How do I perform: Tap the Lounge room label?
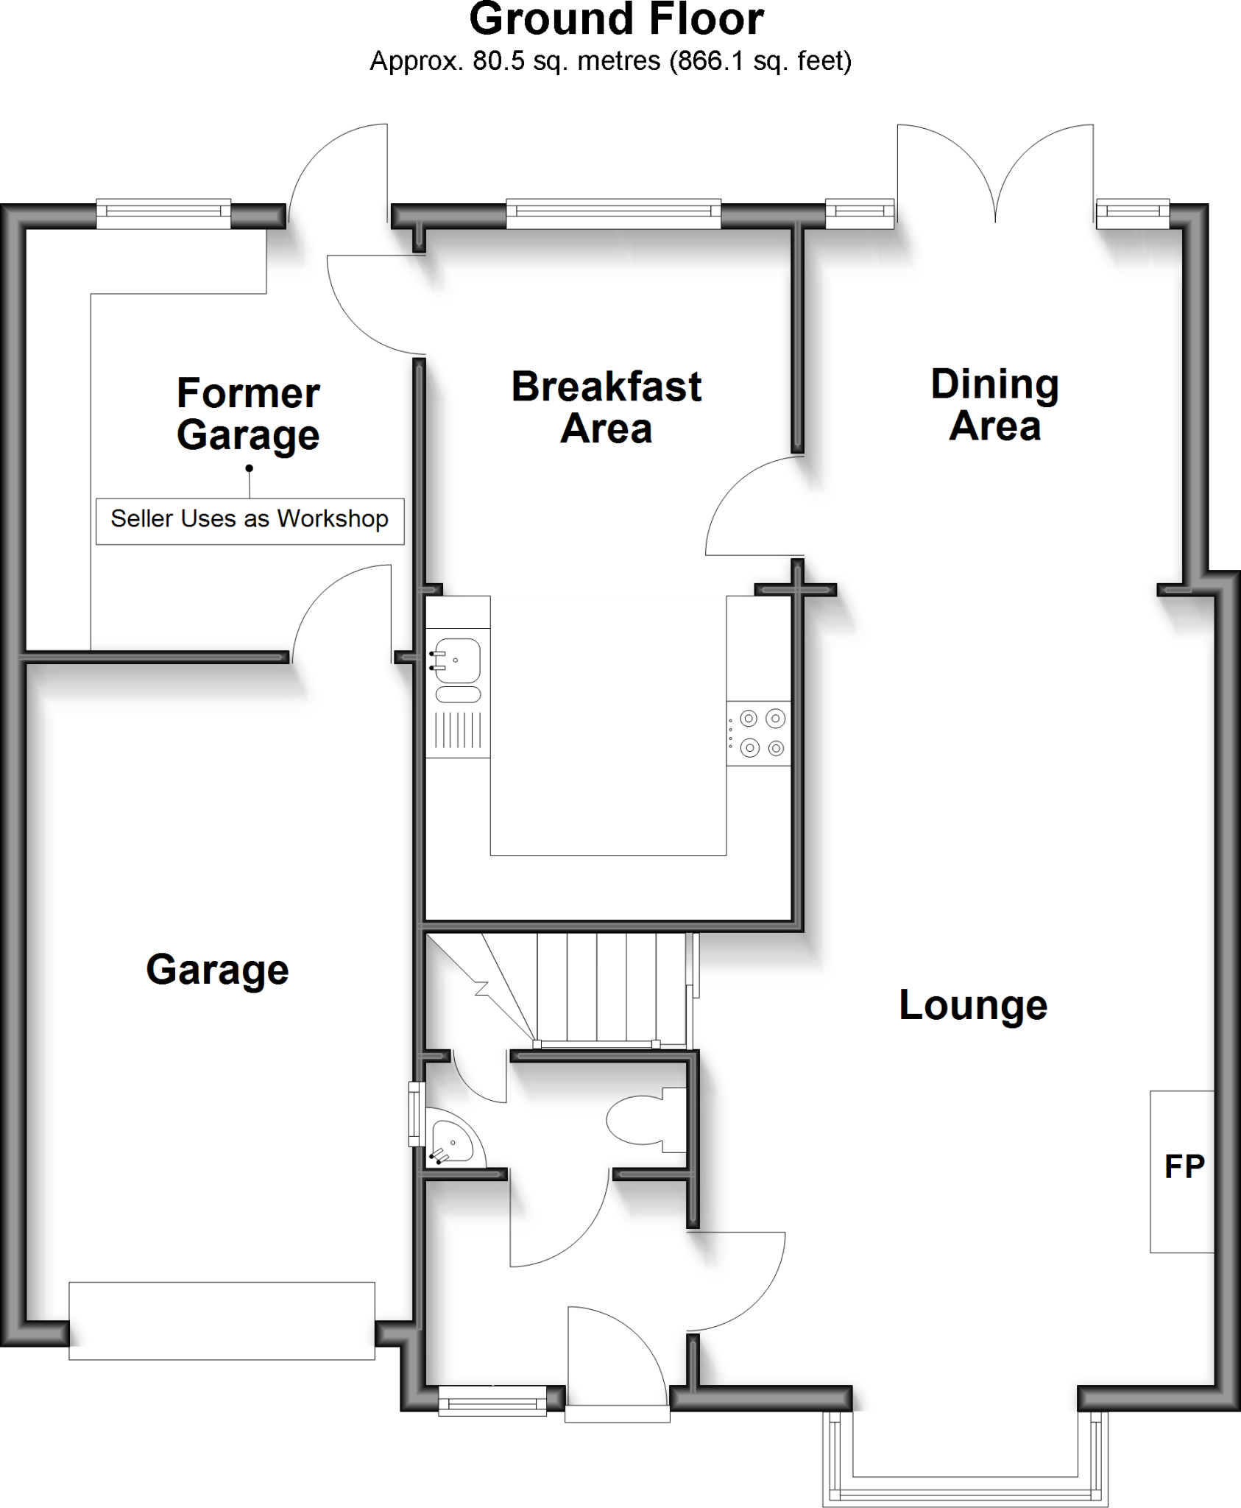(972, 1006)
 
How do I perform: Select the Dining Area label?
(994, 405)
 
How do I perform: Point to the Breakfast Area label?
(606, 407)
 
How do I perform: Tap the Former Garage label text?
(248, 413)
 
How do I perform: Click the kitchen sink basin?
(458, 660)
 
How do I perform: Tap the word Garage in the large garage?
(217, 970)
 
